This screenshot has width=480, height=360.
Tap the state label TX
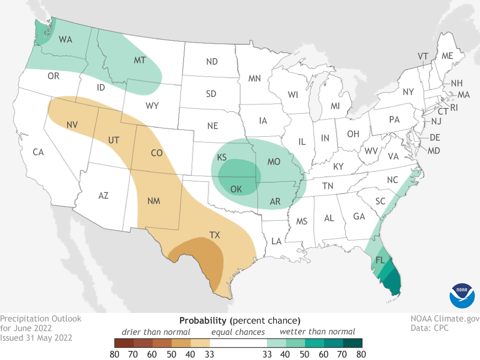[215, 235]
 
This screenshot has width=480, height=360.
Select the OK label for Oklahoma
[236, 189]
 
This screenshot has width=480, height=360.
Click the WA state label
[65, 39]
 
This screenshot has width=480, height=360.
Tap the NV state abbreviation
[72, 125]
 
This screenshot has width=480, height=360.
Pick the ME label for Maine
[447, 56]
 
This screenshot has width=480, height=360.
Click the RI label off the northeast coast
[454, 108]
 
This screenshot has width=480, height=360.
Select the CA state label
[38, 153]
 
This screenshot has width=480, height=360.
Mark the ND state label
[212, 61]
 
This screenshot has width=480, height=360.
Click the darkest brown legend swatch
[124, 343]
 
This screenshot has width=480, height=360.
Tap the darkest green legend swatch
[352, 343]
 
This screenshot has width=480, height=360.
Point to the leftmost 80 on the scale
[114, 355]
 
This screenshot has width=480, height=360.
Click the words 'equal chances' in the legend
[238, 332]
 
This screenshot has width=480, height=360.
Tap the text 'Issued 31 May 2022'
[36, 337]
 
